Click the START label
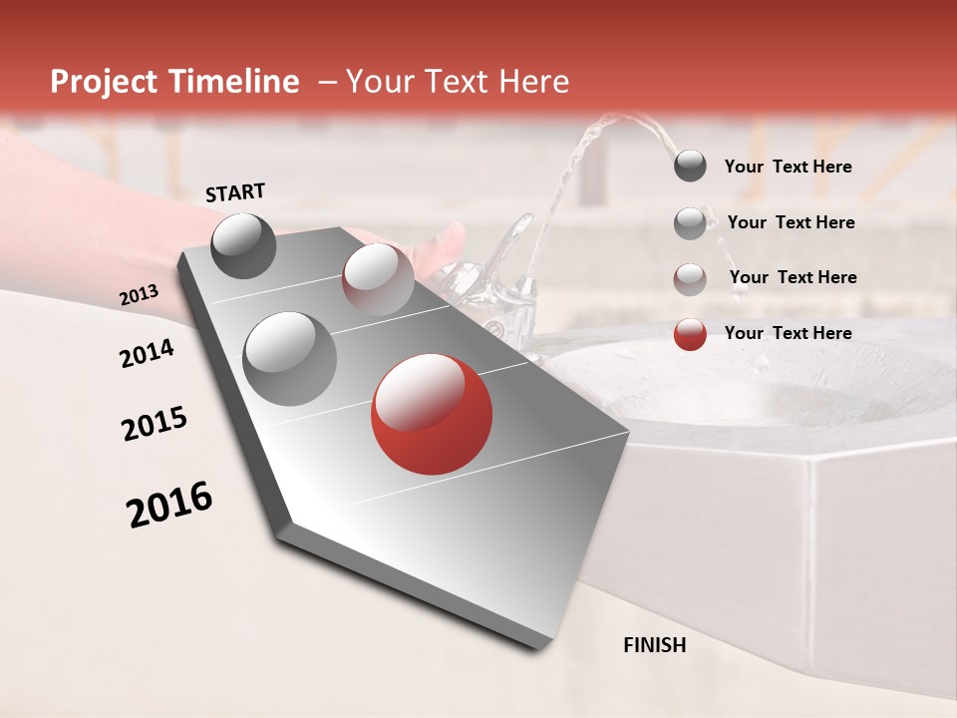pos(235,192)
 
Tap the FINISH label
pos(654,645)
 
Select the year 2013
pos(140,295)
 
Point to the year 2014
pos(147,354)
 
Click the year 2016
pos(169,505)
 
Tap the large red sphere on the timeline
pos(432,414)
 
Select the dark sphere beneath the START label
pos(244,245)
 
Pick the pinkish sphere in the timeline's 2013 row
pos(377,278)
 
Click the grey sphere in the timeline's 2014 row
pos(289,358)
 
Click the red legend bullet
pos(690,334)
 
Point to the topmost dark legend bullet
pos(690,167)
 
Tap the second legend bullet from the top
pos(690,223)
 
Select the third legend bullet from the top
pos(690,278)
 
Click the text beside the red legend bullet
pos(788,333)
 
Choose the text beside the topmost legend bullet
pos(788,167)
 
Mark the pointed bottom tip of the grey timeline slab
pos(543,646)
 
